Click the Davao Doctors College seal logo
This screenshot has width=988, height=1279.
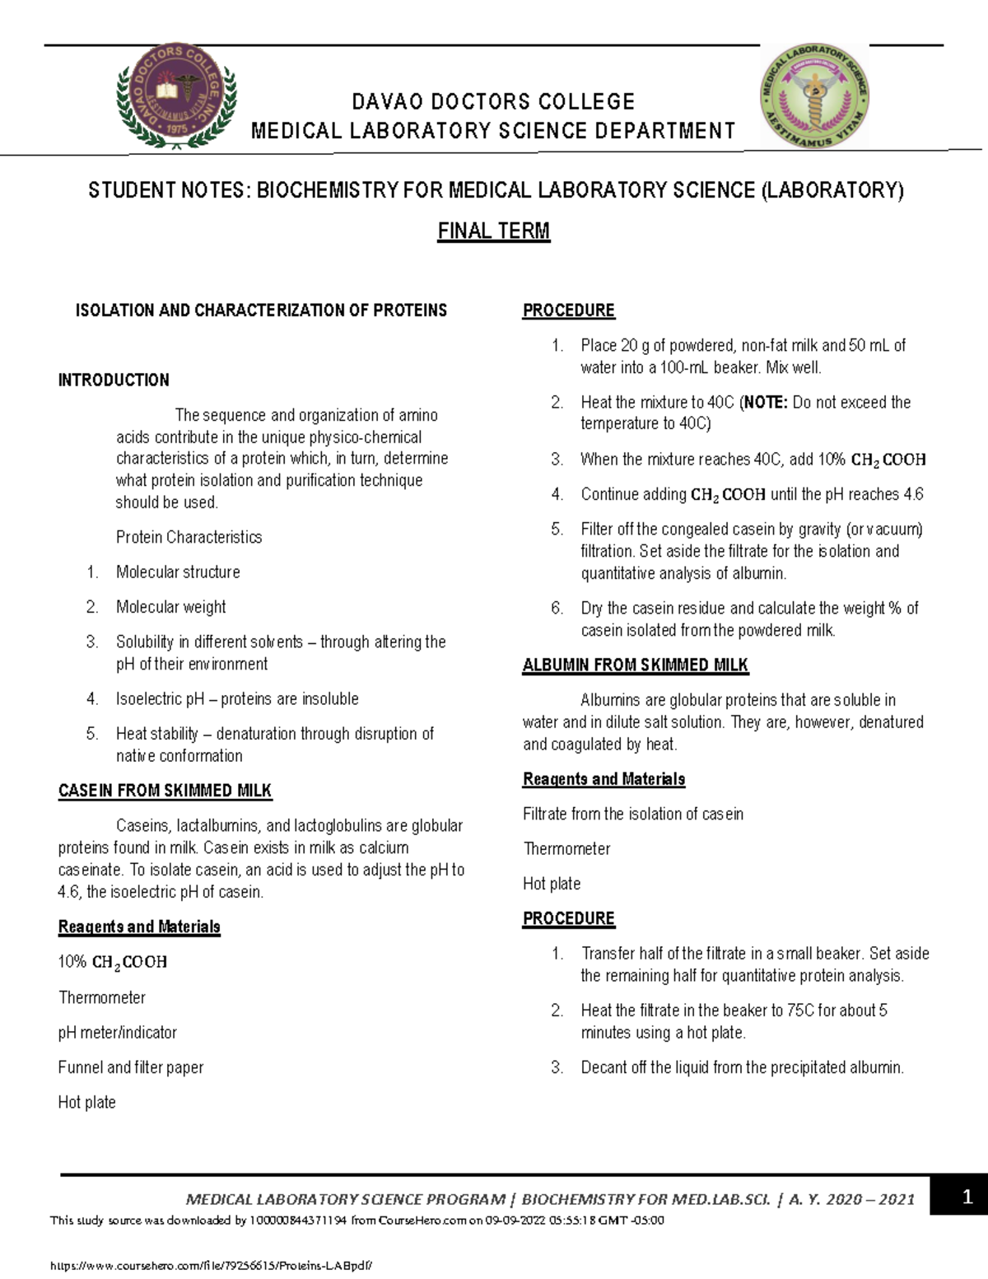[x=177, y=97]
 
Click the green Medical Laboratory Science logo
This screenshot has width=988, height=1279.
[x=813, y=96]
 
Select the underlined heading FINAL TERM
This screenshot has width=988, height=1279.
[x=493, y=231]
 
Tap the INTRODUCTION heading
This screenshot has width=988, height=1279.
[x=114, y=380]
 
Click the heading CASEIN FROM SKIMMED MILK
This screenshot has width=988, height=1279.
[x=165, y=791]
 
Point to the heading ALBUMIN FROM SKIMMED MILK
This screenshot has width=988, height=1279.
[x=636, y=665]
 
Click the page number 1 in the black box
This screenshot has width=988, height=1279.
[x=968, y=1197]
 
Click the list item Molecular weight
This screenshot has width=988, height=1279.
[x=170, y=607]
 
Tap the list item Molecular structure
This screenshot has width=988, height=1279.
[x=178, y=572]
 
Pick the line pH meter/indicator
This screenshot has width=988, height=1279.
[x=117, y=1033]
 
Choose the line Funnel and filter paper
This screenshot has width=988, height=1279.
[x=130, y=1067]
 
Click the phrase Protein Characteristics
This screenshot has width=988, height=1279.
[x=189, y=538]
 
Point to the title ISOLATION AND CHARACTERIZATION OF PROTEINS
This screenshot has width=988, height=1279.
[x=261, y=310]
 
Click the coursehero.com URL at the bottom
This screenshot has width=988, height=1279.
[x=217, y=1264]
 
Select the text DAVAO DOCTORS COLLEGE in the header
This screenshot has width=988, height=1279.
[x=493, y=102]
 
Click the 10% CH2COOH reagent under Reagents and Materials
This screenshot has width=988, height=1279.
[x=113, y=962]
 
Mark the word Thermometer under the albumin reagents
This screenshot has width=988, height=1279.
[x=566, y=849]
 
